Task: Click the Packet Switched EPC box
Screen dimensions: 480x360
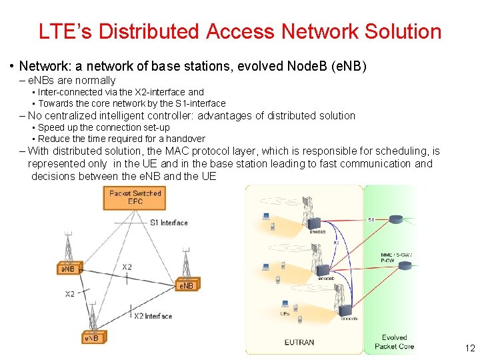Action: click(135, 197)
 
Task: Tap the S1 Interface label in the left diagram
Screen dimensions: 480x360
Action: click(169, 223)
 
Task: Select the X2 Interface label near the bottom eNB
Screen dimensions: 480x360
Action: click(153, 316)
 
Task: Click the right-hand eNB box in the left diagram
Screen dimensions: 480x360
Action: click(185, 285)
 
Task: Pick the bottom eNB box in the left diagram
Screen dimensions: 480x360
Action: click(91, 338)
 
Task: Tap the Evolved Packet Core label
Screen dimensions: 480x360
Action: click(394, 342)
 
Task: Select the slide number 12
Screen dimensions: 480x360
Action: click(469, 347)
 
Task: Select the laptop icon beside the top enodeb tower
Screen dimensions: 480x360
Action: click(266, 216)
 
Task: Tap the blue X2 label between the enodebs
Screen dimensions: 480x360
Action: click(336, 243)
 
